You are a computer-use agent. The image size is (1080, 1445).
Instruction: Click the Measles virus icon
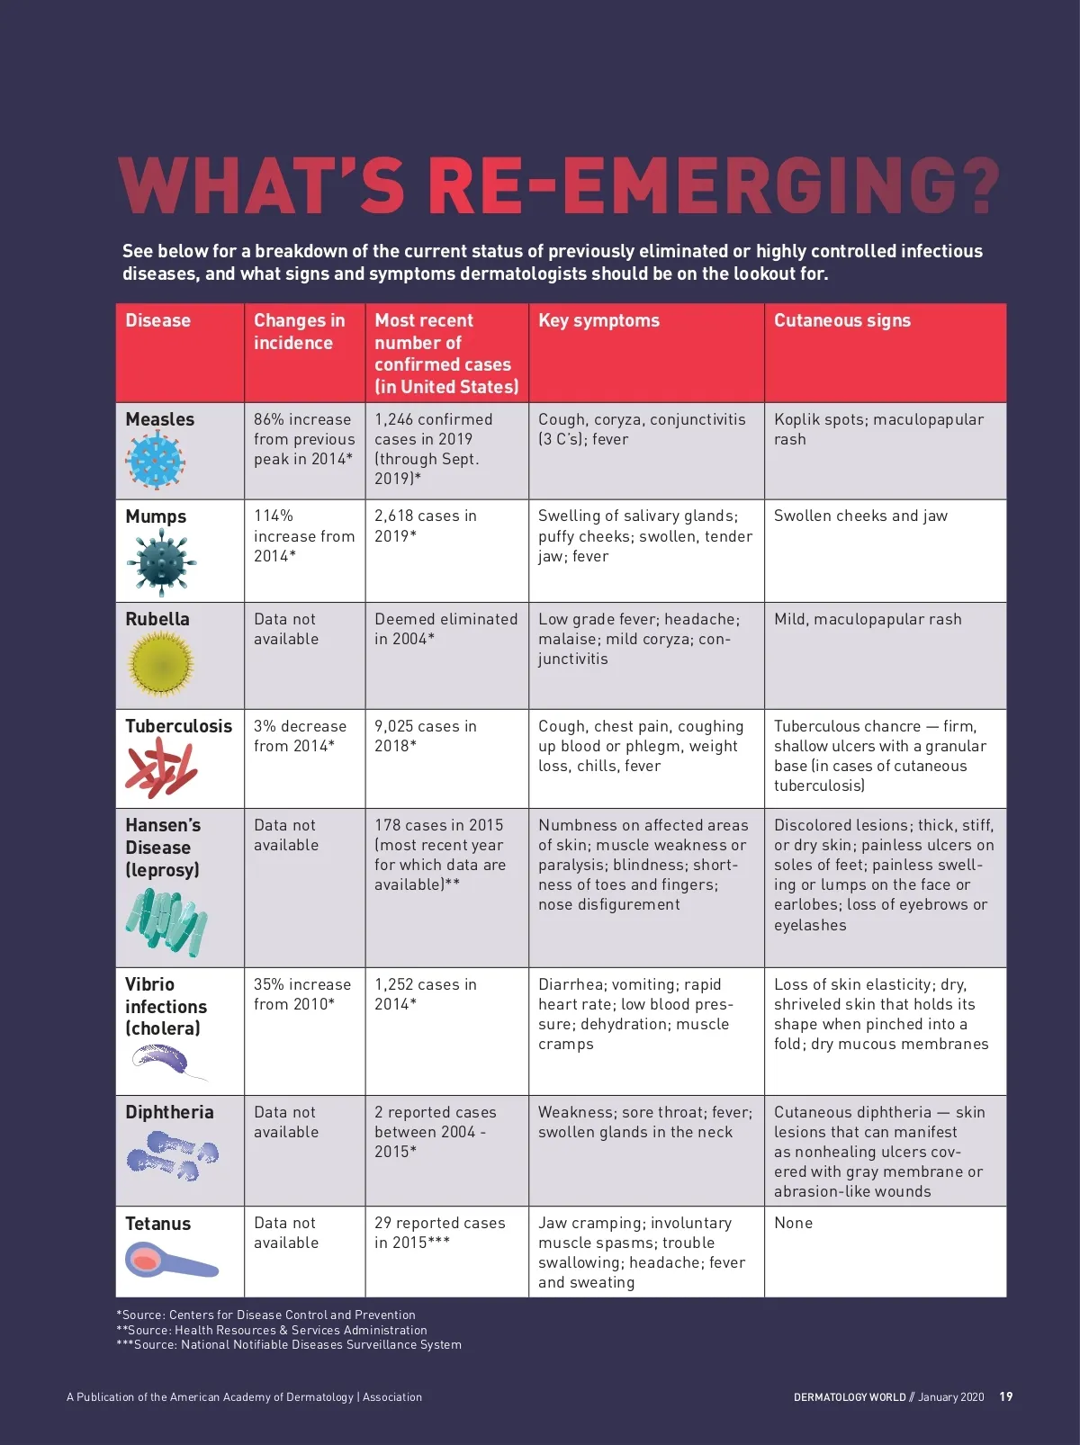[156, 461]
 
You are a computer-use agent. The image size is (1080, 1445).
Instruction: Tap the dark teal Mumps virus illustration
[160, 562]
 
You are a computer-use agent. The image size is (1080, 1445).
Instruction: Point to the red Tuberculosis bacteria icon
[161, 768]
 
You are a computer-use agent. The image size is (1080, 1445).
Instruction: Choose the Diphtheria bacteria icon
[173, 1155]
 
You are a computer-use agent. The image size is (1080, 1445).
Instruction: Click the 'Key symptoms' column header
[598, 320]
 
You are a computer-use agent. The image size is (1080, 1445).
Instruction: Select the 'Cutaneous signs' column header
[841, 320]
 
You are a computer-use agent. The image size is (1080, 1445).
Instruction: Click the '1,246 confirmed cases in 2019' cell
[434, 449]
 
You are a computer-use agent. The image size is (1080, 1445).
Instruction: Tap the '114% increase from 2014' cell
[303, 535]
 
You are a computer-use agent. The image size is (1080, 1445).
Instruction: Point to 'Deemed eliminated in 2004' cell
[445, 629]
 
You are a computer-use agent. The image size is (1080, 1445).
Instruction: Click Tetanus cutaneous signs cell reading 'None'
[793, 1223]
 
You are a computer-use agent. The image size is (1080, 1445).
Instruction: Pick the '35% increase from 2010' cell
[302, 994]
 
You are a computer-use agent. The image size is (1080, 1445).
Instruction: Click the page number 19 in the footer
[1006, 1396]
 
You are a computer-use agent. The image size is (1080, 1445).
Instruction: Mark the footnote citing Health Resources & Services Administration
[272, 1330]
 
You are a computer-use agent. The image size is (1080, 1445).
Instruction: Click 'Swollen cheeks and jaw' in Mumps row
[860, 516]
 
